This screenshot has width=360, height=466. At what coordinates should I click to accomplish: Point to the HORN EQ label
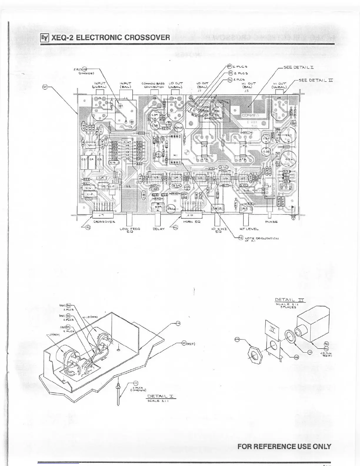click(x=191, y=222)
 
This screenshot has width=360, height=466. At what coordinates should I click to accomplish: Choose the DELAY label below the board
click(x=159, y=229)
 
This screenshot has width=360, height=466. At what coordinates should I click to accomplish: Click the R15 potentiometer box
click(x=218, y=208)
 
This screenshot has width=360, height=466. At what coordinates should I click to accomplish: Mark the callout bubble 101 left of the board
click(x=45, y=87)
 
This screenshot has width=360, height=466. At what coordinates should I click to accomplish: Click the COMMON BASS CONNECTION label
click(x=153, y=85)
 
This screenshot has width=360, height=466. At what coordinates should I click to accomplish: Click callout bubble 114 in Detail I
click(x=177, y=323)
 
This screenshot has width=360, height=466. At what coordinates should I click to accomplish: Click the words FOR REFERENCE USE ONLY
click(x=284, y=446)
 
